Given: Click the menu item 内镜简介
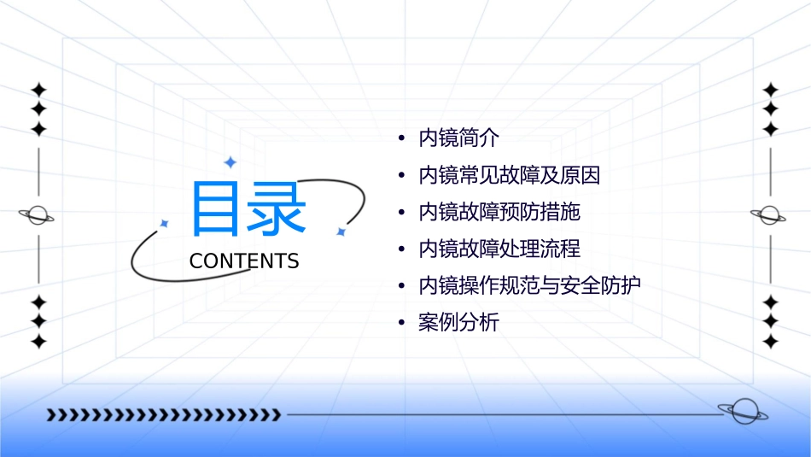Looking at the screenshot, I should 458,138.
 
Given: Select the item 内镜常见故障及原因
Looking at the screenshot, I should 509,176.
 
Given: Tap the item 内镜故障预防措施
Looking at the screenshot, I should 499,212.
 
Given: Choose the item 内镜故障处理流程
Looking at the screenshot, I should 499,249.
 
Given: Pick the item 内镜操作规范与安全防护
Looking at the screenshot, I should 529,285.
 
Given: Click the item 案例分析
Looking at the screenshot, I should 458,323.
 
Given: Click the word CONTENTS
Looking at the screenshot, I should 244,261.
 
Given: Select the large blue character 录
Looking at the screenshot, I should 276,209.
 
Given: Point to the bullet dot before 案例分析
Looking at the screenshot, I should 402,323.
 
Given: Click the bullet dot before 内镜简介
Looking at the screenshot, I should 402,138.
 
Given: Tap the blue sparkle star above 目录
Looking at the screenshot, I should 230,162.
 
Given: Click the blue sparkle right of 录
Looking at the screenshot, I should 341,231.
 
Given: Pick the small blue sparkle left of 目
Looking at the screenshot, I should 165,223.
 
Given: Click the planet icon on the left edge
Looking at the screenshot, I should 37,215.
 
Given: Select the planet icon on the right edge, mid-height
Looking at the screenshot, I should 769,215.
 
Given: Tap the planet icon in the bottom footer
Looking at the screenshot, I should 742,412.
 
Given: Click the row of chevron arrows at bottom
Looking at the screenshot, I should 163,415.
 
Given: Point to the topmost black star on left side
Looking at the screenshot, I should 38,90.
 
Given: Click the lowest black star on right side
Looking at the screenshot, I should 770,341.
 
